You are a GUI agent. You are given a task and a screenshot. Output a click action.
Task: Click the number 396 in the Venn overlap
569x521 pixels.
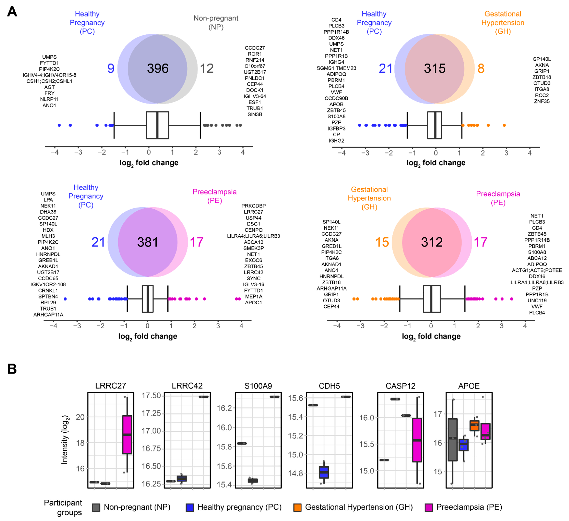pyautogui.click(x=158, y=68)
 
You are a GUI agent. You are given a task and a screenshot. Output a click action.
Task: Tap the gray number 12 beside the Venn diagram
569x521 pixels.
pyautogui.click(x=207, y=68)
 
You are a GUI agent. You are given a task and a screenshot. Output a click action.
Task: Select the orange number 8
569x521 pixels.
pyautogui.click(x=481, y=68)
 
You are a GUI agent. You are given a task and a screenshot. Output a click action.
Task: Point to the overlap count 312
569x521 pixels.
pyautogui.click(x=432, y=242)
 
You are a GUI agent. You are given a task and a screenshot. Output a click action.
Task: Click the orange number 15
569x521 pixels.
pyautogui.click(x=382, y=242)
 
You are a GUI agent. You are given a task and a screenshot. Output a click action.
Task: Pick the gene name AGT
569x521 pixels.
pyautogui.click(x=49, y=87)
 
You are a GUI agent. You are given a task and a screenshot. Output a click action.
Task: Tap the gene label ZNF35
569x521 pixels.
pyautogui.click(x=542, y=101)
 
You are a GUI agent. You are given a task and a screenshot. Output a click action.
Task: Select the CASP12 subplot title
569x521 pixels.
pyautogui.click(x=400, y=386)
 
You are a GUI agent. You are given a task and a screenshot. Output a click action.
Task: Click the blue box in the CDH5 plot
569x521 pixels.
pyautogui.click(x=324, y=472)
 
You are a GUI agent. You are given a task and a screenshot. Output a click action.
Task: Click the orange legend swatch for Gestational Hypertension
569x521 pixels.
pyautogui.click(x=297, y=507)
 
